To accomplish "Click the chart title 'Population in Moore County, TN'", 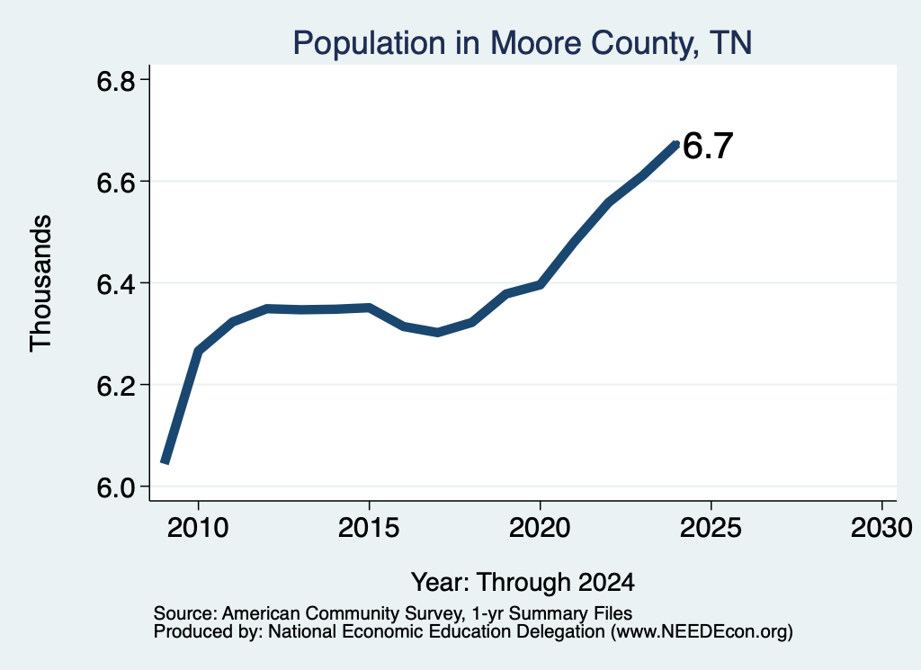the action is point(523,43).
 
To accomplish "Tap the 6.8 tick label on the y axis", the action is point(116,80).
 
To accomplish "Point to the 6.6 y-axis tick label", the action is point(116,182).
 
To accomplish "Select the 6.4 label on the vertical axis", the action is point(116,283).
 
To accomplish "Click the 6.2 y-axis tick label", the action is point(116,385).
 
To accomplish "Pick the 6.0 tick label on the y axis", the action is point(116,487).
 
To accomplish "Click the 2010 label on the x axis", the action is point(198,527).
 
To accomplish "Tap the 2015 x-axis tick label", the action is point(369,527).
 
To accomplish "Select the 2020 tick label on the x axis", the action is point(540,527).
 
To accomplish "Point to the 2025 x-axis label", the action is point(711,527).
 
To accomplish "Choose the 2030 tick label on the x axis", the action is point(881,527).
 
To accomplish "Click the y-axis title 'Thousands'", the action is point(41,283).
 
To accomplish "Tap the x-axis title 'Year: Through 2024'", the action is point(523,582).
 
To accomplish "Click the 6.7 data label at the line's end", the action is point(709,146).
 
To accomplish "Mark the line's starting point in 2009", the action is point(165,463).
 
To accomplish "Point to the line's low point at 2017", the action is point(437,333).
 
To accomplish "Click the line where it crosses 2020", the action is point(540,285).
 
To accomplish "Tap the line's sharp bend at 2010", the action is point(199,351).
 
